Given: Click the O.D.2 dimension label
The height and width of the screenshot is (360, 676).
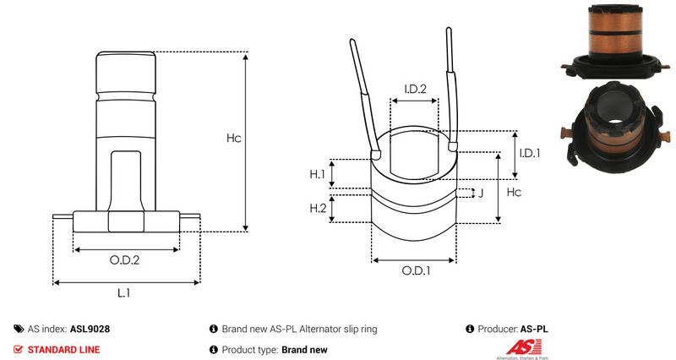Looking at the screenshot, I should [x=125, y=260].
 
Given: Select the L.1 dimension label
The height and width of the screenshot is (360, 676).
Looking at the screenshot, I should [x=123, y=292].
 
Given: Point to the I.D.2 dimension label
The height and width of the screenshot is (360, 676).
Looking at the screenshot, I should [x=414, y=89].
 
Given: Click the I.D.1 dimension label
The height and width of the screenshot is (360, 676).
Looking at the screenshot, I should [x=529, y=153].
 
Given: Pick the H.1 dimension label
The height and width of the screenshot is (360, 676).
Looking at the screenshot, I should [x=318, y=174].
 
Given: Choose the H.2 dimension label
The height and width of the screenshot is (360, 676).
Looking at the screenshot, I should [x=318, y=208].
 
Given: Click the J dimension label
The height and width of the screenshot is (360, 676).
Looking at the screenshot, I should [x=480, y=193].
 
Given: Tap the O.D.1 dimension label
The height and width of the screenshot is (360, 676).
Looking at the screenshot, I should [x=416, y=271].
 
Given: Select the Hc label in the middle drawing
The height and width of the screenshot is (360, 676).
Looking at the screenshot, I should [x=513, y=193].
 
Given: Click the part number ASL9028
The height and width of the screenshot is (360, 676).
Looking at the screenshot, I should [x=90, y=329].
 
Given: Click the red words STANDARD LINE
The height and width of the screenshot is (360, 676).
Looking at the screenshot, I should [x=63, y=349].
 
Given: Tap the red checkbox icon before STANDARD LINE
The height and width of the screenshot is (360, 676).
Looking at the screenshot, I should [x=19, y=349].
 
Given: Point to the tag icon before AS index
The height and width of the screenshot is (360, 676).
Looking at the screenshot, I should [x=19, y=329].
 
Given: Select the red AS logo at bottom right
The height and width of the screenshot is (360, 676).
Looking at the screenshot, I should [x=517, y=347].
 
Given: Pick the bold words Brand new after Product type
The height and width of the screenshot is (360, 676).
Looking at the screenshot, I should [x=304, y=349].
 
